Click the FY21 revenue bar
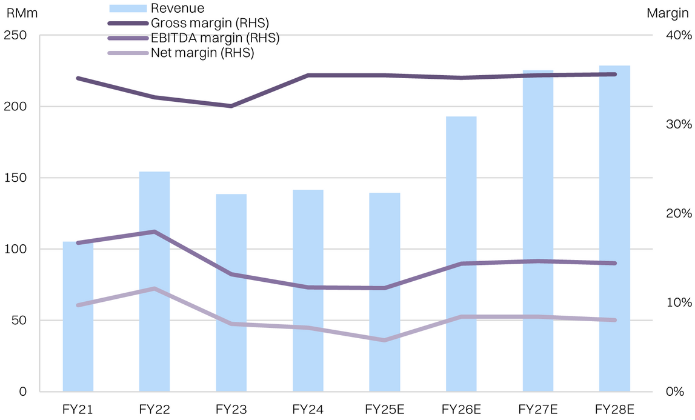point(78,339)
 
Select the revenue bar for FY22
point(155,327)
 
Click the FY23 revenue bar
point(231,339)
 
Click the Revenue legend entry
point(178,8)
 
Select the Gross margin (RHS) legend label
point(210,23)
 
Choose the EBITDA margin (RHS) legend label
point(215,38)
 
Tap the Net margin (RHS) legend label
point(202,53)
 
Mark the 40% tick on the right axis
point(678,35)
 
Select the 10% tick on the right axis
point(678,302)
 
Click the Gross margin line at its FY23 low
point(231,106)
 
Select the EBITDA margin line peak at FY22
point(155,232)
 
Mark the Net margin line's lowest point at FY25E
point(384,340)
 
